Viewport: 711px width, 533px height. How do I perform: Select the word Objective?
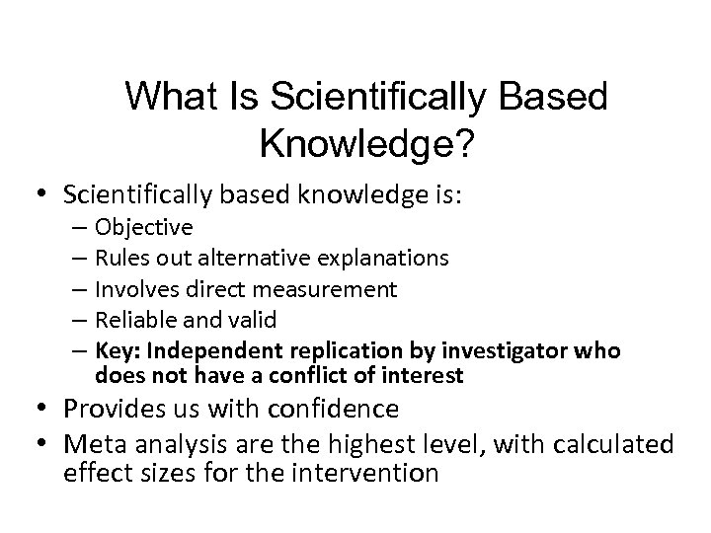click(x=144, y=227)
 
